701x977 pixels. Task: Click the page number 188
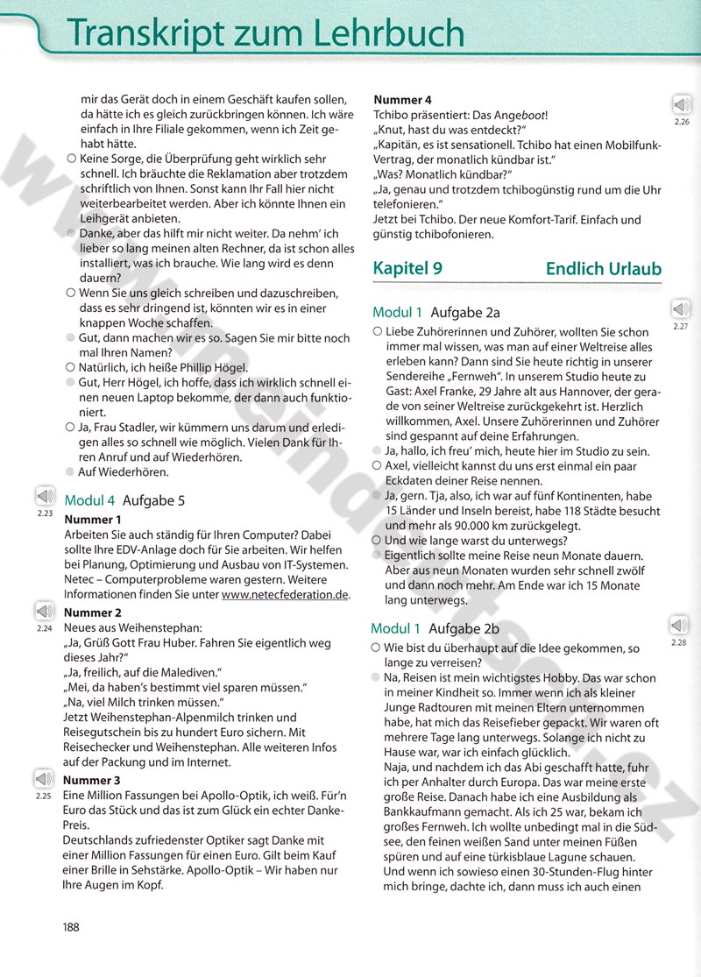pyautogui.click(x=74, y=927)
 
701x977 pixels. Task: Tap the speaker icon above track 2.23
pyautogui.click(x=45, y=496)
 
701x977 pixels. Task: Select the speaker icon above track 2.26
pyautogui.click(x=682, y=104)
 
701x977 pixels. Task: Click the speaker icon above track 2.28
pyautogui.click(x=678, y=626)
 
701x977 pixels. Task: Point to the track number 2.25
pyautogui.click(x=44, y=796)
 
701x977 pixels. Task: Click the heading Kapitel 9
pyautogui.click(x=407, y=269)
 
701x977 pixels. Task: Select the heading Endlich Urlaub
pyautogui.click(x=603, y=269)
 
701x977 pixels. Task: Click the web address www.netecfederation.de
pyautogui.click(x=285, y=594)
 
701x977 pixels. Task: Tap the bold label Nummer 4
pyautogui.click(x=403, y=100)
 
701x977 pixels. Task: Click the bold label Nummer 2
pyautogui.click(x=93, y=612)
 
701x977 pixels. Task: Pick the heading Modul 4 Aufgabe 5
pyautogui.click(x=124, y=501)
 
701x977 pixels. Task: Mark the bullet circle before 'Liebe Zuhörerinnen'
pyautogui.click(x=377, y=332)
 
